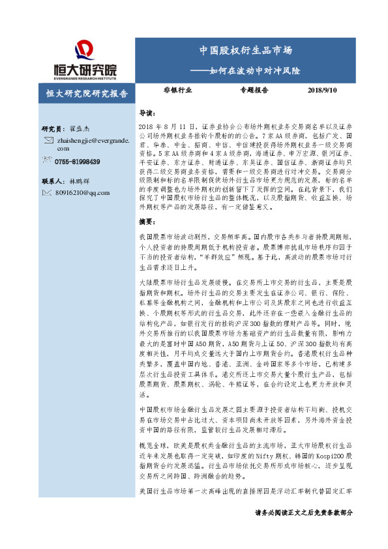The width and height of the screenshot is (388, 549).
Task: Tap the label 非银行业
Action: (x=177, y=91)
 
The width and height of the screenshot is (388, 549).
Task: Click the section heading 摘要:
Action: (x=149, y=222)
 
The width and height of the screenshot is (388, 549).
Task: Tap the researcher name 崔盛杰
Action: (x=80, y=129)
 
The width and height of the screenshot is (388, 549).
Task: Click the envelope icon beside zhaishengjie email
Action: (x=48, y=141)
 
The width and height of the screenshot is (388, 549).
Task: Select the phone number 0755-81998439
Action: (x=78, y=162)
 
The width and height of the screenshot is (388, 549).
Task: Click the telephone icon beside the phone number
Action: (x=48, y=161)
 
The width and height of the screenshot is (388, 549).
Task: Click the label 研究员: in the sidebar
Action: (x=53, y=129)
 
